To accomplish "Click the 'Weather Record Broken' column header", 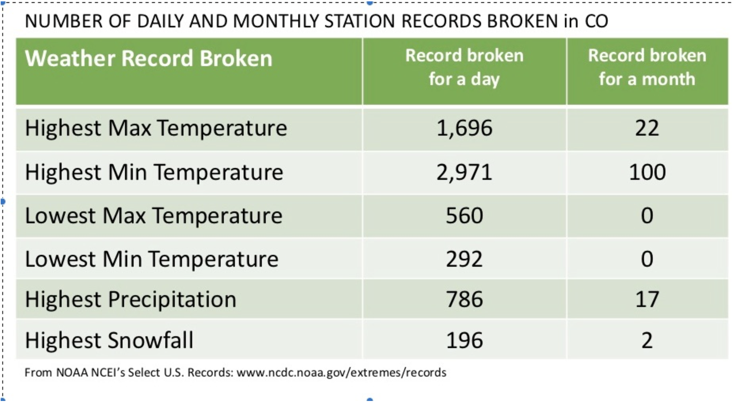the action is pyautogui.click(x=148, y=58).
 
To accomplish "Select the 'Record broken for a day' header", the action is pyautogui.click(x=464, y=68).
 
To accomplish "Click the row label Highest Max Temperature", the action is pyautogui.click(x=156, y=128).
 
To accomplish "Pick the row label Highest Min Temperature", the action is pyautogui.click(x=154, y=172).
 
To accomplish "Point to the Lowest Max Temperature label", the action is pyautogui.click(x=154, y=215).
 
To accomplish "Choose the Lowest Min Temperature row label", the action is pyautogui.click(x=151, y=259).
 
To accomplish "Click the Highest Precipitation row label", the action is pyautogui.click(x=130, y=300).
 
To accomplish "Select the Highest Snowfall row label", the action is pyautogui.click(x=109, y=340).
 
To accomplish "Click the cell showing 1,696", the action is pyautogui.click(x=464, y=128).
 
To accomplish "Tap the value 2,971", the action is pyautogui.click(x=464, y=172).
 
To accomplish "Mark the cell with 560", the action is pyautogui.click(x=464, y=215).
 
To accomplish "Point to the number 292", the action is pyautogui.click(x=464, y=259).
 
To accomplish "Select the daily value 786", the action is pyautogui.click(x=464, y=299).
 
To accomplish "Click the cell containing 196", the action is pyautogui.click(x=464, y=340).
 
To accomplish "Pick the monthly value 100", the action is pyautogui.click(x=647, y=172).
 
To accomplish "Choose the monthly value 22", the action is pyautogui.click(x=647, y=128).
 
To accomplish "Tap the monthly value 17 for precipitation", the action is pyautogui.click(x=647, y=299).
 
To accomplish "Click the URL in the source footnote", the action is pyautogui.click(x=341, y=373).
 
